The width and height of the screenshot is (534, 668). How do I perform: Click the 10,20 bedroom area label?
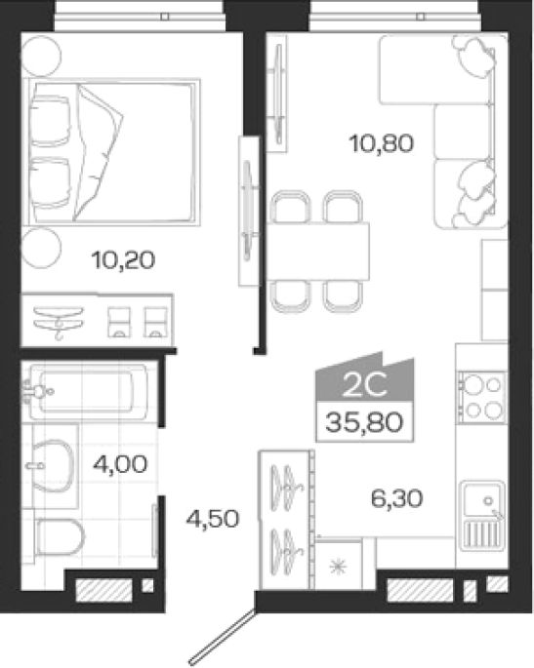click(123, 259)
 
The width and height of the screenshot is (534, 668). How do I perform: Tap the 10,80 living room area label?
click(382, 143)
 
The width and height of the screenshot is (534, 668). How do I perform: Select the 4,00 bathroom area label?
click(120, 464)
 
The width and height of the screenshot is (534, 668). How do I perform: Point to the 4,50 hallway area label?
click(213, 519)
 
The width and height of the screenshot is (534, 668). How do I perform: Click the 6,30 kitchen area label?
click(396, 498)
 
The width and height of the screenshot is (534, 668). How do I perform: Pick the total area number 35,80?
click(364, 422)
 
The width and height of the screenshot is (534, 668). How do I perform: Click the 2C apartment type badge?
click(365, 377)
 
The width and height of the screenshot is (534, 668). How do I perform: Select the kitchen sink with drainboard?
click(484, 517)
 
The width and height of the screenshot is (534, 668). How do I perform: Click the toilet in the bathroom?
click(59, 536)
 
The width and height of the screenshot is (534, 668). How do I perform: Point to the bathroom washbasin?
click(51, 465)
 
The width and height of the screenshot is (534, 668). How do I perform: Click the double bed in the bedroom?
click(111, 152)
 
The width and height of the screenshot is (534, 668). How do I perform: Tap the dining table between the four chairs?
click(317, 252)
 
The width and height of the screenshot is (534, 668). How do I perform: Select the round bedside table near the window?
click(41, 57)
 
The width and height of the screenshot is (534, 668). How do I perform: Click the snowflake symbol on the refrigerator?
click(338, 567)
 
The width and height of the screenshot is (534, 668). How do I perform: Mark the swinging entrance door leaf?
click(223, 637)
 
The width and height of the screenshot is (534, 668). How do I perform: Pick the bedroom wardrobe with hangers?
click(98, 321)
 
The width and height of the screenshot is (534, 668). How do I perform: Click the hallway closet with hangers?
click(286, 520)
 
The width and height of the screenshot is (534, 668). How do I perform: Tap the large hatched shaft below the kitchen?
click(420, 590)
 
